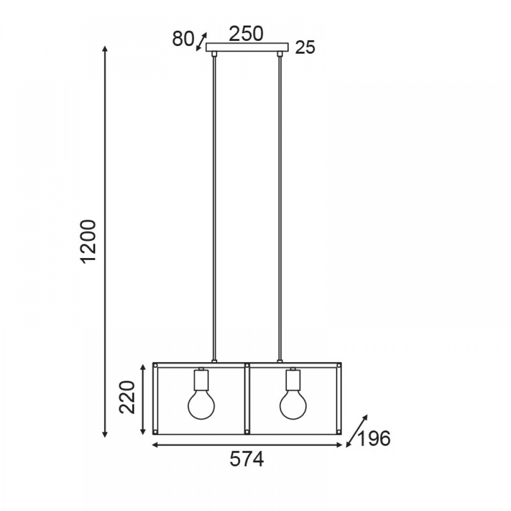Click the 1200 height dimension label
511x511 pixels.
pyautogui.click(x=88, y=242)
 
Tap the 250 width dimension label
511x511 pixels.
pyautogui.click(x=246, y=34)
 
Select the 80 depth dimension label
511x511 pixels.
pyautogui.click(x=183, y=39)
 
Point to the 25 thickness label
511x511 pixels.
pyautogui.click(x=306, y=48)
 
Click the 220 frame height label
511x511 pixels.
pyautogui.click(x=127, y=397)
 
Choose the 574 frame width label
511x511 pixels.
pyautogui.click(x=247, y=460)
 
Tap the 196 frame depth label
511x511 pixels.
pyautogui.click(x=374, y=438)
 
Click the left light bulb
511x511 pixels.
pyautogui.click(x=201, y=405)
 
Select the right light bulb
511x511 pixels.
pyautogui.click(x=293, y=405)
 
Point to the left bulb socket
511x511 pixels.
pyautogui.click(x=201, y=380)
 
